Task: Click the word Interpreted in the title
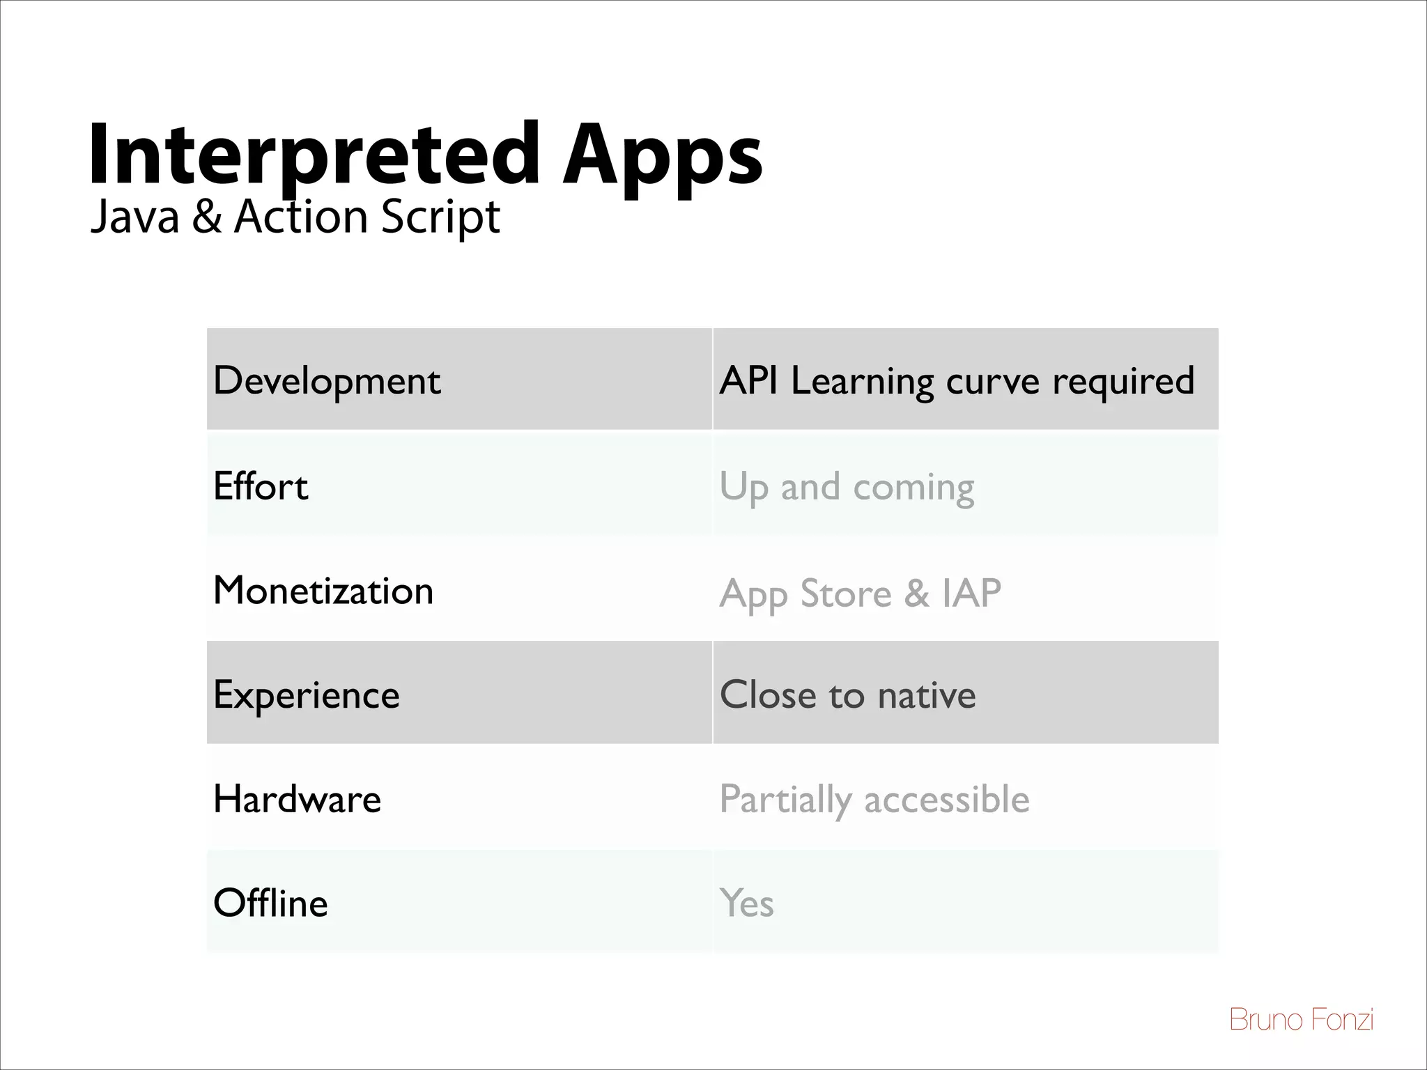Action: coord(314,155)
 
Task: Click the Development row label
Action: coord(327,381)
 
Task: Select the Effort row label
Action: coord(261,486)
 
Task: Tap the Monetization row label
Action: coord(323,591)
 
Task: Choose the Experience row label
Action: coord(307,695)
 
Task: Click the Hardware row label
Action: coord(298,798)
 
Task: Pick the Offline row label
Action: coord(270,903)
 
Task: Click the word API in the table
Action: coord(748,380)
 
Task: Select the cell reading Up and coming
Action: coord(847,487)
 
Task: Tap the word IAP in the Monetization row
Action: coord(971,593)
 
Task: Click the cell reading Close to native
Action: coord(847,695)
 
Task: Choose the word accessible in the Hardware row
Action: coord(946,799)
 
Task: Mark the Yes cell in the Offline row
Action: coord(746,903)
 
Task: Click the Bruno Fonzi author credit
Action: coord(1301,1019)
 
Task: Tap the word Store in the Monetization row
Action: coord(845,594)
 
